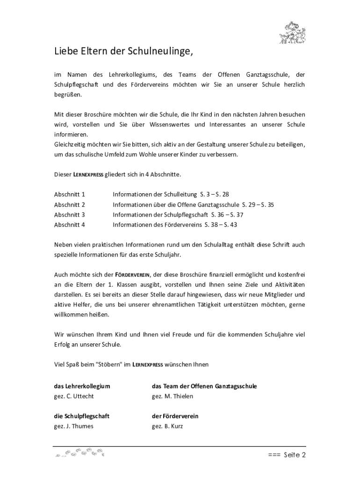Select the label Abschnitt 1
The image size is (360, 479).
tap(70, 194)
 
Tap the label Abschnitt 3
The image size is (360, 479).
tap(70, 215)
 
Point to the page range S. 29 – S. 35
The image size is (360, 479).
tap(258, 204)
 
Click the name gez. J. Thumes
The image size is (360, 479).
tap(74, 426)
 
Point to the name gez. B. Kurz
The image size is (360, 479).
tap(167, 426)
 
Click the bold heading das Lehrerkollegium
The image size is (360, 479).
tap(82, 386)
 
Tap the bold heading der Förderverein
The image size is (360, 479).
tap(175, 416)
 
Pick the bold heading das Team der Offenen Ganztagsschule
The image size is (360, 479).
tap(204, 386)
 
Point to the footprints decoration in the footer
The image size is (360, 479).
tap(79, 453)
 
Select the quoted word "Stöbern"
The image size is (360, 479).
tap(109, 364)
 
